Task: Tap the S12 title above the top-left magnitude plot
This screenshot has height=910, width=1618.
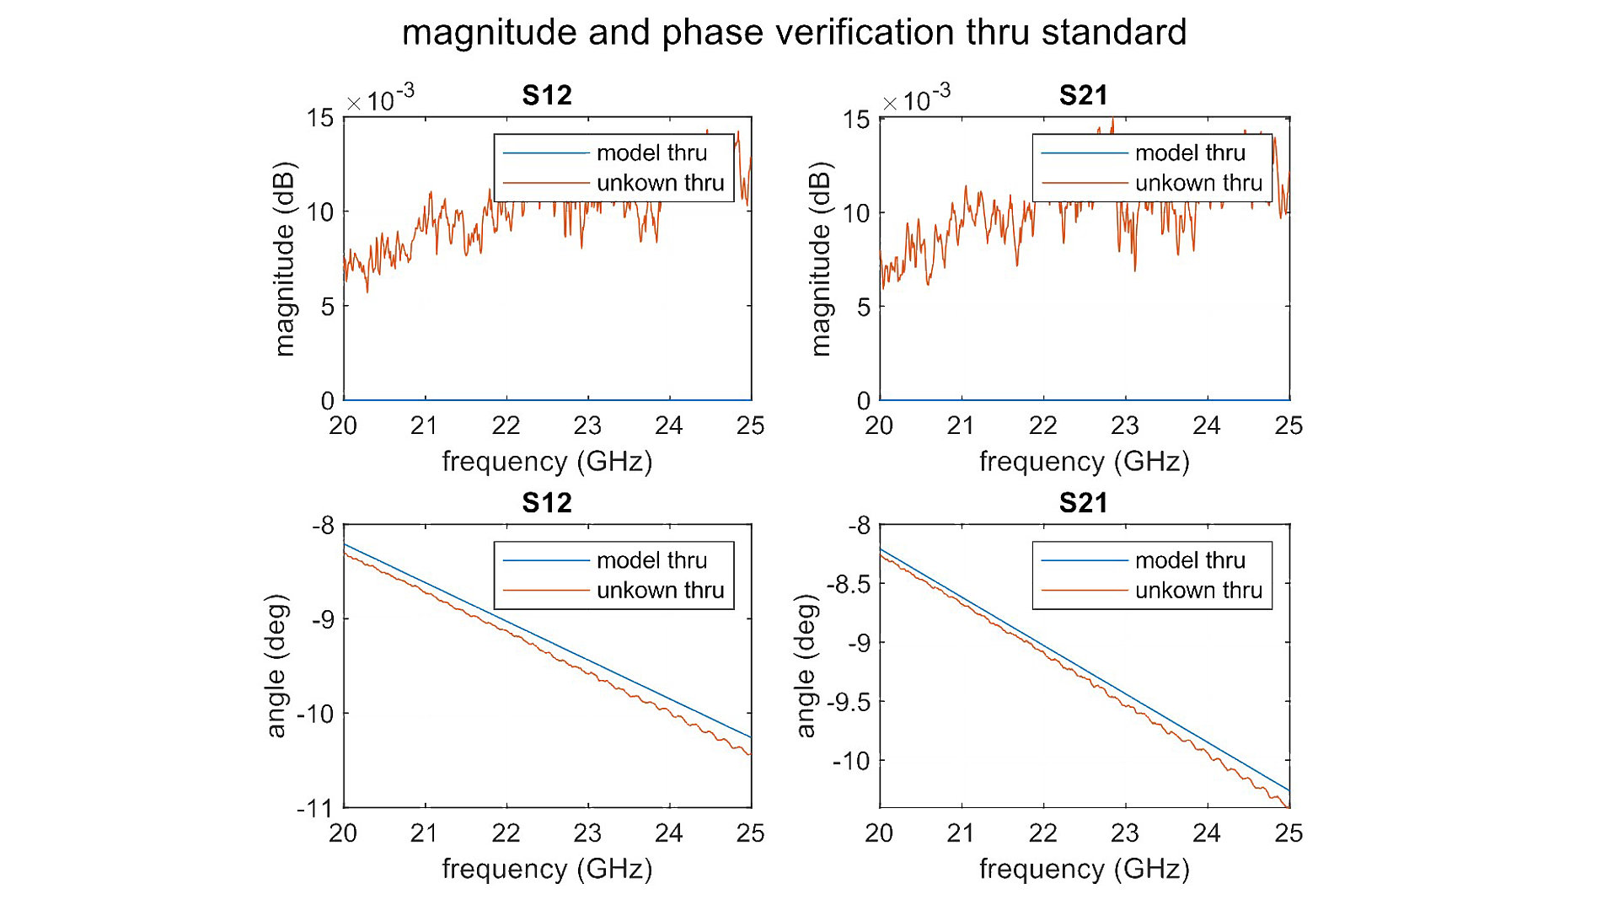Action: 546,95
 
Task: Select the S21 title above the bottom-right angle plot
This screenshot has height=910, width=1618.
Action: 1083,503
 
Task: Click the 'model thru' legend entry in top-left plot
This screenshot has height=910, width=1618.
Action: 651,153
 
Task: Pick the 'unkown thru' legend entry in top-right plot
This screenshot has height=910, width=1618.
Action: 1197,183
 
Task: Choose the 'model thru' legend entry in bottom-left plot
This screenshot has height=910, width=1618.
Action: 651,560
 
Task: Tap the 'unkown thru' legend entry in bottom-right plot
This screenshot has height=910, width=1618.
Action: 1197,591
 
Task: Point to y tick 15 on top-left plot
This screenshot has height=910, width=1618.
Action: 320,118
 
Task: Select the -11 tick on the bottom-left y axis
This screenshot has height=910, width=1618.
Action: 315,809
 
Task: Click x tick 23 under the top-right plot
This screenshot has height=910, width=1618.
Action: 1125,426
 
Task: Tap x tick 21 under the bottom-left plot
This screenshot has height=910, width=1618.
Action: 424,833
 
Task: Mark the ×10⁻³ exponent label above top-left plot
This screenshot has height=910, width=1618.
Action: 381,99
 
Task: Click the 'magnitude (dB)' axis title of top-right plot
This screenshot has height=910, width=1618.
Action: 820,260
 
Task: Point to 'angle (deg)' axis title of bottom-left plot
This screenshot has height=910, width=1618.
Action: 276,666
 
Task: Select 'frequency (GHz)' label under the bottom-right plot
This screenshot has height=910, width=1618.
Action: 1084,869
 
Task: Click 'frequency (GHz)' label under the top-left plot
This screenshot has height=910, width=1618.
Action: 547,462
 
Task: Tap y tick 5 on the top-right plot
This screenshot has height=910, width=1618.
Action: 864,308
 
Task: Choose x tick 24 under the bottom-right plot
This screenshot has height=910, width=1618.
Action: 1207,833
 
